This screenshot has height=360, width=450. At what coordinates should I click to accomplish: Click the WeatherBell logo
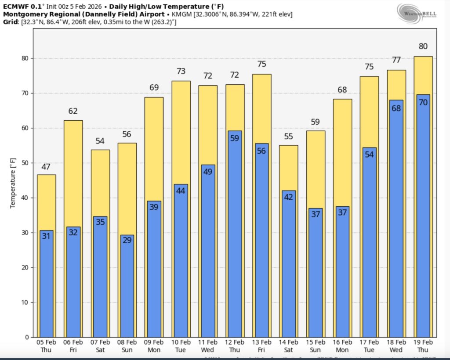tap(417, 14)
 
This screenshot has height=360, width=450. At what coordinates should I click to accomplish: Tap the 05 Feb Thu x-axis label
tap(46, 346)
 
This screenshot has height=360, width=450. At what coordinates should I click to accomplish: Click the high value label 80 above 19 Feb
tap(423, 47)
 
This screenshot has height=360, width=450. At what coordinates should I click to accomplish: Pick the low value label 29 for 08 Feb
tap(127, 240)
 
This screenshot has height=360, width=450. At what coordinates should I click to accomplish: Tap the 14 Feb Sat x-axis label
tap(288, 346)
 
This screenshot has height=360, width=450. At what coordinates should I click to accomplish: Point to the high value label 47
tap(46, 167)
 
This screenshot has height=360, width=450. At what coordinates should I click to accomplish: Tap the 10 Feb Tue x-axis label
tap(181, 346)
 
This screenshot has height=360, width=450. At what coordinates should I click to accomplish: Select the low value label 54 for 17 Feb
tap(369, 154)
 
